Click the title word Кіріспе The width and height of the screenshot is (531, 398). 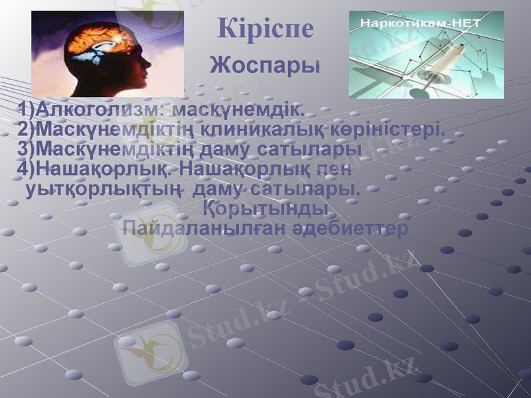265,29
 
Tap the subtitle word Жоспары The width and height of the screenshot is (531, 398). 265,66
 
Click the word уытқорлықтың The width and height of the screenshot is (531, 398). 103,190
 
